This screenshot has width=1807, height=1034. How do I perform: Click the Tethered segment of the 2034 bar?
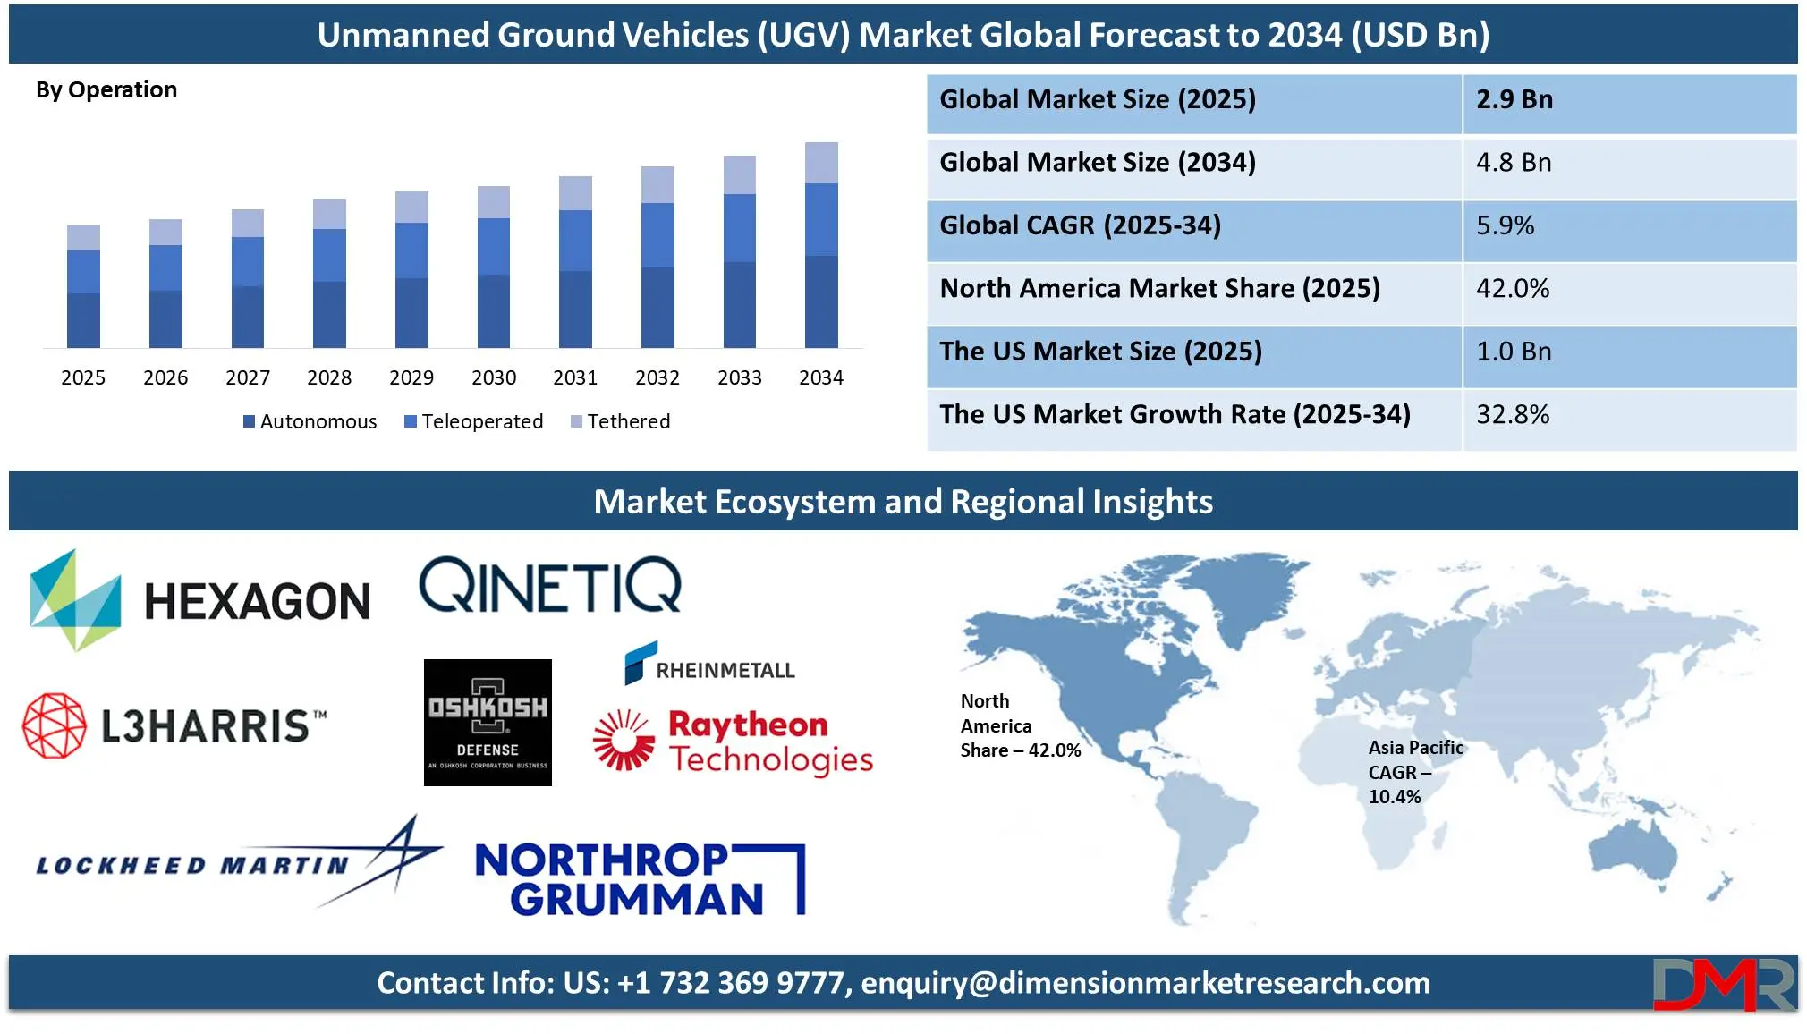point(821,163)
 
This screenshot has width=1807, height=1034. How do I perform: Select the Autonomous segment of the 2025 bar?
point(83,320)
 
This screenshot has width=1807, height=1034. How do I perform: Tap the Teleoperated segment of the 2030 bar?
point(494,247)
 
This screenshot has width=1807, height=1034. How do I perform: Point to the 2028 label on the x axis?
point(329,377)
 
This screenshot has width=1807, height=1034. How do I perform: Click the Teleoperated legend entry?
point(474,421)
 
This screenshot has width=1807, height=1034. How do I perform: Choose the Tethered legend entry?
point(621,421)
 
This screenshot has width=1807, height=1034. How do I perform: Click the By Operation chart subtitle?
point(106,89)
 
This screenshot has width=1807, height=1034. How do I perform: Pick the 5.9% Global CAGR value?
point(1506,225)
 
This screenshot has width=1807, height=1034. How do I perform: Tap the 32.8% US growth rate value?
point(1513,414)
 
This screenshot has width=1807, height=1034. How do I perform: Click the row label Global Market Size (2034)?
point(1098,163)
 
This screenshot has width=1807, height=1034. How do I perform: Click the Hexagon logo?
point(200,600)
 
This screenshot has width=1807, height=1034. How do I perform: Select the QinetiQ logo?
point(550,585)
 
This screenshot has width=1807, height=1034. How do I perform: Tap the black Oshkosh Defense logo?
point(488,723)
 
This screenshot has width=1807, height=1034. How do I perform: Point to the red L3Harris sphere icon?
point(55,725)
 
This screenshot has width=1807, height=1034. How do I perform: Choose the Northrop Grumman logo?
point(641,879)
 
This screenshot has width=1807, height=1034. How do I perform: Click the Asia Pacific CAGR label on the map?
point(1416,772)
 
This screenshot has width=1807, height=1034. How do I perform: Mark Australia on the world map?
point(1633,854)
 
